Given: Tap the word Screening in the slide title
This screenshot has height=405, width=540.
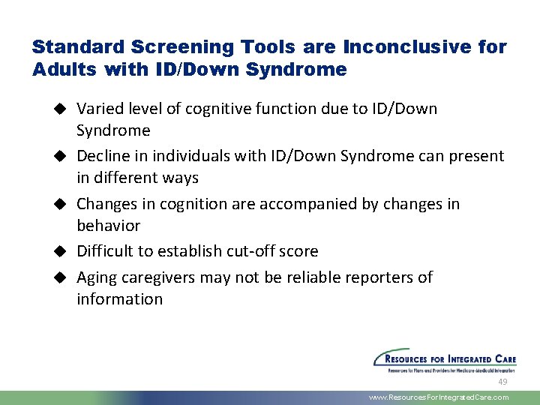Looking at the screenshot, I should click(x=169, y=47).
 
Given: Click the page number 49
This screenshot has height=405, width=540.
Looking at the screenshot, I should click(x=502, y=382).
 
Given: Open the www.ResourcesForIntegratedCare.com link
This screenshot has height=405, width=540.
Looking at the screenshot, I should click(x=439, y=397).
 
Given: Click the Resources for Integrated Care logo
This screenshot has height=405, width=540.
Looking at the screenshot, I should click(x=445, y=360).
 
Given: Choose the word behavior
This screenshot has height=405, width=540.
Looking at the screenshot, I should click(x=108, y=226).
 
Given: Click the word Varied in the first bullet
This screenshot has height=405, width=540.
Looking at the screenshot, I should click(x=97, y=109).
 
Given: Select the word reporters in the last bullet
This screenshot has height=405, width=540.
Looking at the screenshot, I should click(x=379, y=277).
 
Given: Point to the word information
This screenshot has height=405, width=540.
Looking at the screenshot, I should click(x=119, y=299).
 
